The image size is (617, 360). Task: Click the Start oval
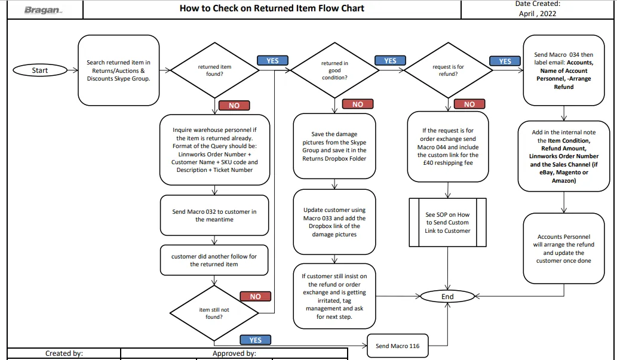point(40,70)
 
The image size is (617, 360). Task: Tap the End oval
point(447,297)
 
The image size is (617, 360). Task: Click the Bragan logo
point(43,10)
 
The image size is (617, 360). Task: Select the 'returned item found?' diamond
point(214,70)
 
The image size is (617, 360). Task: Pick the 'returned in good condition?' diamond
point(334,70)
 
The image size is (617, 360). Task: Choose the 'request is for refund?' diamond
point(448,70)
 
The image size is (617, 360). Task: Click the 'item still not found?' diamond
point(214,313)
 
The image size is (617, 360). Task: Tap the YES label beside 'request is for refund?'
point(505,61)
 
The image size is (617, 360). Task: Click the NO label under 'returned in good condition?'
point(358,104)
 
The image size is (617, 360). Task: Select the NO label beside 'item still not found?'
point(256,296)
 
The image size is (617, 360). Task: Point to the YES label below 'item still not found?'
point(256,340)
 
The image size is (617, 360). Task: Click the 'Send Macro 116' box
point(397,346)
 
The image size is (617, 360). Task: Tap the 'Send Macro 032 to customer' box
point(214,215)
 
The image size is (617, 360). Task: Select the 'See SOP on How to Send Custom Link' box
point(448,222)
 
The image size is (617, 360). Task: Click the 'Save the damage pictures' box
point(334,146)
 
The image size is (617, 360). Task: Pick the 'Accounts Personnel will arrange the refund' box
point(564,248)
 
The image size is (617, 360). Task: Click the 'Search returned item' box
point(118,70)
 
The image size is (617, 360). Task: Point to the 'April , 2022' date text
point(538,14)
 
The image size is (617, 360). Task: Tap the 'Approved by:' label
point(235,353)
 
